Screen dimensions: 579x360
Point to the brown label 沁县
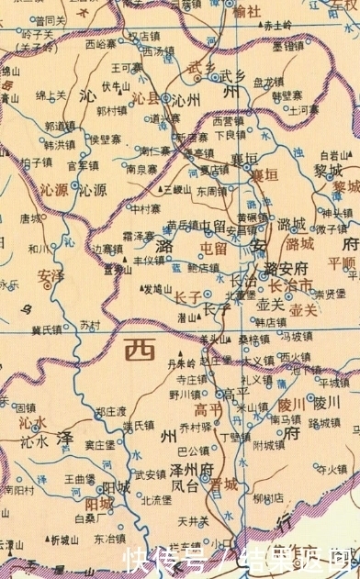[146, 95]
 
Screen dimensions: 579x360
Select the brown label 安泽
[51, 274]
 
